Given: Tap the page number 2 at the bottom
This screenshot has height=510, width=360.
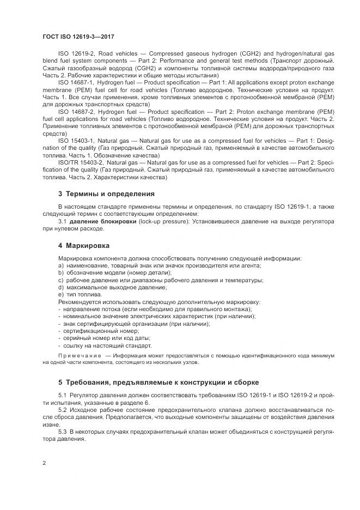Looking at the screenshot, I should point(44,463).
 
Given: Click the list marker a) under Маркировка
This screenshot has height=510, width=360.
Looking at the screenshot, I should point(60,265).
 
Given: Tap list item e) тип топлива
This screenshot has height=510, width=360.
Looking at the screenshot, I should point(80,294).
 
